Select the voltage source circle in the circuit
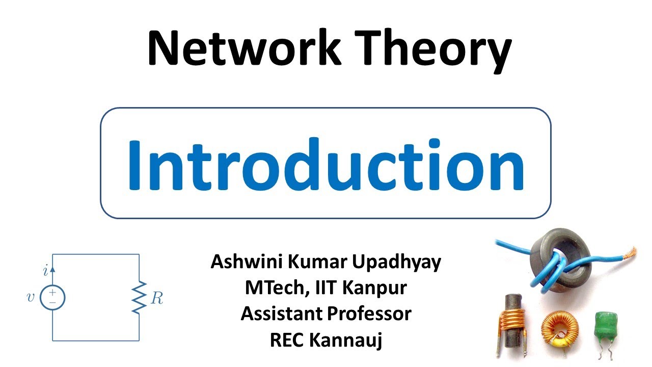pos(52,297)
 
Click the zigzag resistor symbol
pos(139,297)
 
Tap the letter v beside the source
pos(31,297)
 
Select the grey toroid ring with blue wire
pos(560,257)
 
